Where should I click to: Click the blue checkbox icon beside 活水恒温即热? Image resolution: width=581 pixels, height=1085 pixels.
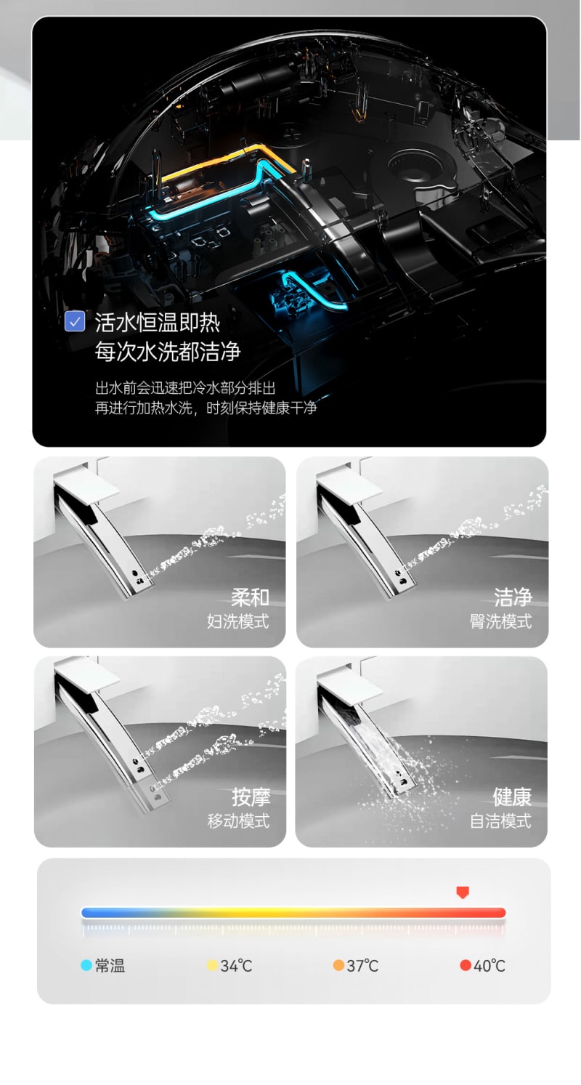(75, 322)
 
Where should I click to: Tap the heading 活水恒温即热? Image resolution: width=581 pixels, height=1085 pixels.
(158, 323)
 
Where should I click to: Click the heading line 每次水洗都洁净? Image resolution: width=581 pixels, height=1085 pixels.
(168, 351)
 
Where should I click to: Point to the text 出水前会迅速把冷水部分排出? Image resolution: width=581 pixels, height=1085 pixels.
(185, 388)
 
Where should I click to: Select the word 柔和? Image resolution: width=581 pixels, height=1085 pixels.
(250, 597)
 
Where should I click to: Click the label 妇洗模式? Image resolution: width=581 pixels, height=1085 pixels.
(237, 621)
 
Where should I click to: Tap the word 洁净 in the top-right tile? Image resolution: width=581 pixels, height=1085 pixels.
(513, 597)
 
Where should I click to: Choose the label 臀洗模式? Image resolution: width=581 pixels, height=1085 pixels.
(500, 621)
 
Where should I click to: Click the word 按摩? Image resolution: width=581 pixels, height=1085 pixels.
(251, 796)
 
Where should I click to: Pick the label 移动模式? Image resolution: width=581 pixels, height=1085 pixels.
(238, 820)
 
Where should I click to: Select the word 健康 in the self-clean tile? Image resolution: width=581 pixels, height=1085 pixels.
(512, 796)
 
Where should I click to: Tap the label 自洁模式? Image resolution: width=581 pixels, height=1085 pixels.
(500, 820)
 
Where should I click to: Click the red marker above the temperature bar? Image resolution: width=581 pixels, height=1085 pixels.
(463, 892)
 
